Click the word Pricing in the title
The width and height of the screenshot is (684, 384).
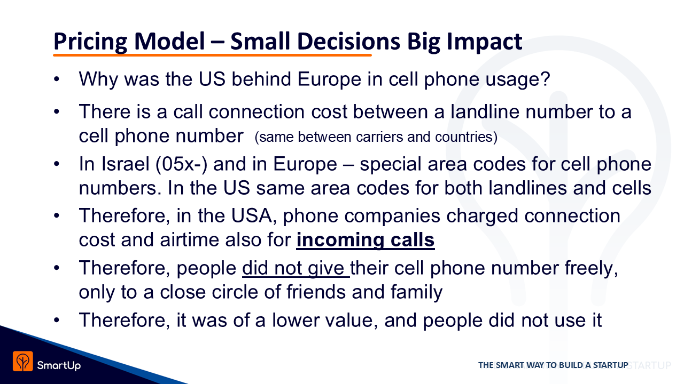(x=90, y=42)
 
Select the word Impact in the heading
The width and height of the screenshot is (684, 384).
(x=484, y=42)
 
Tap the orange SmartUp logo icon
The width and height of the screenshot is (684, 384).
(x=23, y=361)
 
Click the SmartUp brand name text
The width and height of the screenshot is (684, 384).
(x=59, y=365)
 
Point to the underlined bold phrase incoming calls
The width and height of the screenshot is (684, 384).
(x=365, y=240)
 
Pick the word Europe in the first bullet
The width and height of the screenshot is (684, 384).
(x=329, y=80)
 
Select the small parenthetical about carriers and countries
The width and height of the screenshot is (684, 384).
(x=376, y=137)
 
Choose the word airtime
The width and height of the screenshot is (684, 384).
(x=190, y=240)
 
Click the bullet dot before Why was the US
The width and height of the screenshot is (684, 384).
(x=57, y=79)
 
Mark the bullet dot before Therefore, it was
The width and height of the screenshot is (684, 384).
(x=57, y=321)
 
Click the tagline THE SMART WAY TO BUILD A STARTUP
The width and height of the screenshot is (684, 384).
(x=553, y=365)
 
